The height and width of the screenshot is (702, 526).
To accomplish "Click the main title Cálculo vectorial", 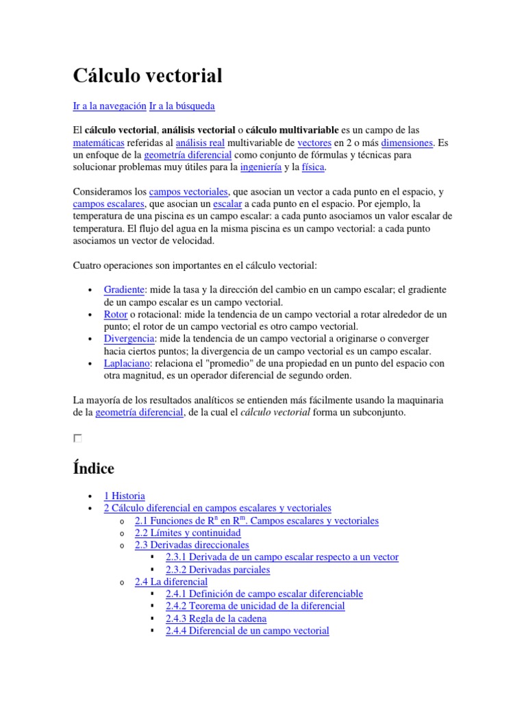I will coord(147,76).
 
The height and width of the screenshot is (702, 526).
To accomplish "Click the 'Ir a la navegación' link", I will coord(109,106).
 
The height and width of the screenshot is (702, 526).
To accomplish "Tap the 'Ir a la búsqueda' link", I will coord(181,106).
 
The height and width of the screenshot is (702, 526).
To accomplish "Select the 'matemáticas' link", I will coord(98,143).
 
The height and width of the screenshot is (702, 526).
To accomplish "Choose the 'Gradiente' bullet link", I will coord(124,290).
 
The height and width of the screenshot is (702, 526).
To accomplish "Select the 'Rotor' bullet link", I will coord(116,314).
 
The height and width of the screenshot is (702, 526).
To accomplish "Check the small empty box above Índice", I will coord(77,438).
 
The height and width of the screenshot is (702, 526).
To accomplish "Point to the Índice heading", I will coord(93,468).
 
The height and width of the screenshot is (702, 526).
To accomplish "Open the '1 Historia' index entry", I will coord(124,496).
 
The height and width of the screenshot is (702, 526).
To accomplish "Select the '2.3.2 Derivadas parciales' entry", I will coord(218,570).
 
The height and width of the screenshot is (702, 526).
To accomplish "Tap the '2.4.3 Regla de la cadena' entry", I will coord(216,618).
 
